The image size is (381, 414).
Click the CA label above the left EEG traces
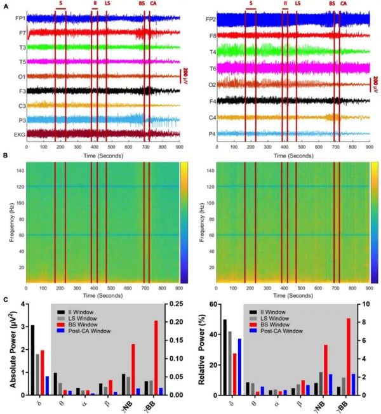pyautogui.click(x=153, y=3)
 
